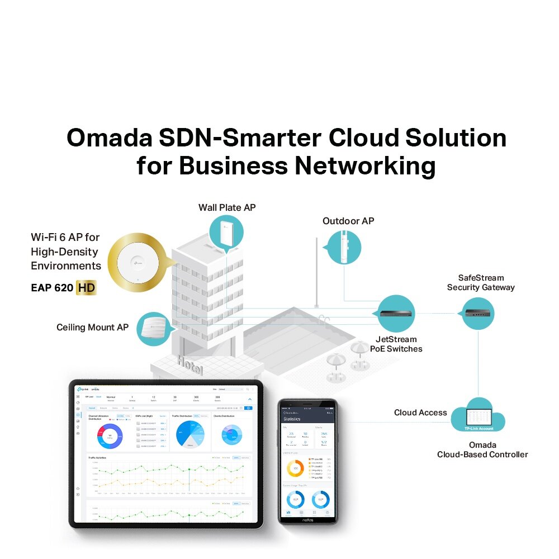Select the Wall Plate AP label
[227, 207]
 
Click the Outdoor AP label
[348, 221]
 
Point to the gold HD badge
[86, 288]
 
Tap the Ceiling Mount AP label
[92, 327]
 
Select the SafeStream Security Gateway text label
[481, 282]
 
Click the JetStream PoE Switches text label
[396, 344]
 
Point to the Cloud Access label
[420, 413]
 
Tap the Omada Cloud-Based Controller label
[482, 449]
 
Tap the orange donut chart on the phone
[295, 468]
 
